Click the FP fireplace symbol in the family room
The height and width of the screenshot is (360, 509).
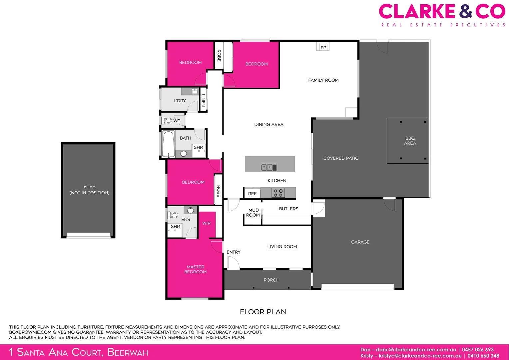pyautogui.click(x=323, y=47)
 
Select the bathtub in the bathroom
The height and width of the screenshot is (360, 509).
pyautogui.click(x=168, y=144)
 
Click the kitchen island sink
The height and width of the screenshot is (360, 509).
pyautogui.click(x=269, y=167)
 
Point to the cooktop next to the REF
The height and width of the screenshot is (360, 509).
pyautogui.click(x=278, y=193)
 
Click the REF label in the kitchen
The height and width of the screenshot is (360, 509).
pyautogui.click(x=252, y=194)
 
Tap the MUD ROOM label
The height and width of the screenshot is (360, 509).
pyautogui.click(x=253, y=213)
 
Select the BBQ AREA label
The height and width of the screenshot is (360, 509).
pyautogui.click(x=410, y=141)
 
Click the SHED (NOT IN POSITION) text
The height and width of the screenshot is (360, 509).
pyautogui.click(x=89, y=190)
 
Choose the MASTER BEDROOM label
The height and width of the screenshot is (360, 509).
pyautogui.click(x=195, y=269)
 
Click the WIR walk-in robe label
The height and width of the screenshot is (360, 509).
pyautogui.click(x=206, y=223)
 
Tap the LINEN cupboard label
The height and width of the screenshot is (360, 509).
pyautogui.click(x=203, y=100)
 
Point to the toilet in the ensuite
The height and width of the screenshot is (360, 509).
pyautogui.click(x=173, y=215)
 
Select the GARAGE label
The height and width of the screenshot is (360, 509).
pyautogui.click(x=360, y=242)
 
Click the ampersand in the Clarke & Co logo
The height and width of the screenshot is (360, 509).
pyautogui.click(x=465, y=11)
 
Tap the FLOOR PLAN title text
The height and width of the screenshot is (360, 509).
pyautogui.click(x=263, y=312)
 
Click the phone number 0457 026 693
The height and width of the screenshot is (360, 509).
pyautogui.click(x=478, y=350)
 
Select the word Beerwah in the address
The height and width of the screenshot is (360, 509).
pyautogui.click(x=128, y=352)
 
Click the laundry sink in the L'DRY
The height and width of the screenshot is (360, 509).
pyautogui.click(x=195, y=91)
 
